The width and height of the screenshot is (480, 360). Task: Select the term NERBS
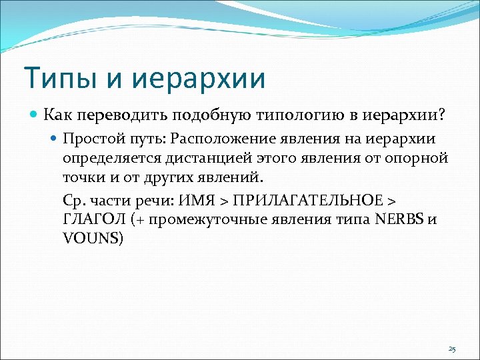[x=396, y=220]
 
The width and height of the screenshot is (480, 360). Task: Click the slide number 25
[x=452, y=349]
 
